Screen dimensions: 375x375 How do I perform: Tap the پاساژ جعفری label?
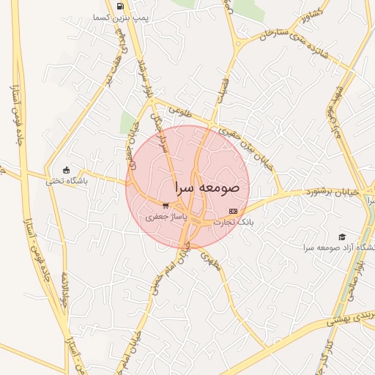click(166, 217)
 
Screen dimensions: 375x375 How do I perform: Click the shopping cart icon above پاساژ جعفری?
click(166, 206)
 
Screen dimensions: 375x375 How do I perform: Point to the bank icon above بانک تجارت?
click(233, 211)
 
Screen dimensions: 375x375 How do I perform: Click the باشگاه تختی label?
click(67, 181)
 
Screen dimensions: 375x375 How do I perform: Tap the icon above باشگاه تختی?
click(67, 170)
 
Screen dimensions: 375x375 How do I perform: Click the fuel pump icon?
click(119, 7)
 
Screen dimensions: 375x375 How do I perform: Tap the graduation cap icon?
click(341, 237)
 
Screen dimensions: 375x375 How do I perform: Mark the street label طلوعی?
click(179, 112)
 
